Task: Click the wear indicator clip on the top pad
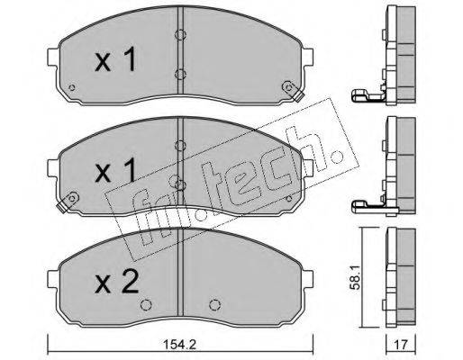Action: [290, 88]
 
